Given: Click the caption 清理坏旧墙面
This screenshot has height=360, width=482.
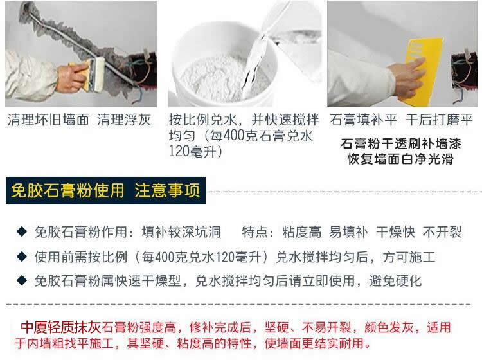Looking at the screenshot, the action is coord(48,120).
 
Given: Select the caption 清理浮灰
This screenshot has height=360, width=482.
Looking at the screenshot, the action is coord(124,120).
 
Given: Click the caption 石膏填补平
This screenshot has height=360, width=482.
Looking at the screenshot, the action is coord(363,120).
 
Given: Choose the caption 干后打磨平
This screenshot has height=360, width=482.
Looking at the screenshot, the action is coord(439,120).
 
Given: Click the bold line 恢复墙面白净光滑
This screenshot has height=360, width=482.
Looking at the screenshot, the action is coord(400,159).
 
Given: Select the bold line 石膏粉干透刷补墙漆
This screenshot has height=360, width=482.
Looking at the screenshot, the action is coord(401,143).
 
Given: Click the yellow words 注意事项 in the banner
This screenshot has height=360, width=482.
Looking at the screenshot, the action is coord(167,190).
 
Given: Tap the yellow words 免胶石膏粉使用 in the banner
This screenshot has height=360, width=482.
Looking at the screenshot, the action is coord(67,190).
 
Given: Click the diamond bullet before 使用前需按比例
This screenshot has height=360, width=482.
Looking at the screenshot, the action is coord(22,256).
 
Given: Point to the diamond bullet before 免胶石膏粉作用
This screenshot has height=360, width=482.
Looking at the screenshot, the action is coord(22,231).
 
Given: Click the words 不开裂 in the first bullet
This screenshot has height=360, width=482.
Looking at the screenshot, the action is coord(442,232).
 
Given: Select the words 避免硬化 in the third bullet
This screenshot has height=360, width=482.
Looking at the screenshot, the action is coord(395,281).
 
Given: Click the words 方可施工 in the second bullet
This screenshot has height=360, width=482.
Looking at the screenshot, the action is coord(409,257).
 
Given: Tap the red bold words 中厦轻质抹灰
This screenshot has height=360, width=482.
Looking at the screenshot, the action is coord(61,327).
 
